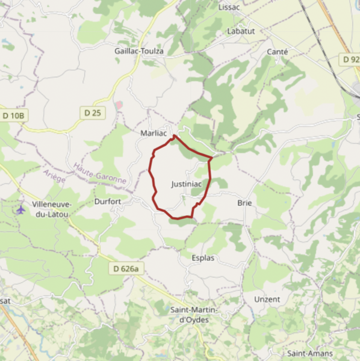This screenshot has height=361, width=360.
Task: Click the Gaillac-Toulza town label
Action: [x=138, y=51]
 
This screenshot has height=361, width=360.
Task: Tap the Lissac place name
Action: [x=229, y=7]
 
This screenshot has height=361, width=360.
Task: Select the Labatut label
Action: [x=241, y=31]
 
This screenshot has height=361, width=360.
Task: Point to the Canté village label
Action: [x=277, y=52]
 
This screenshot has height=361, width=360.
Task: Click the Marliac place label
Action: [x=152, y=132]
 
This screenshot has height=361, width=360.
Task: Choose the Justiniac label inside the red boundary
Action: [x=186, y=184]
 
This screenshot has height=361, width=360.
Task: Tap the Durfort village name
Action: [x=108, y=202]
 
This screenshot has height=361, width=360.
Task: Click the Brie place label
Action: [x=244, y=203]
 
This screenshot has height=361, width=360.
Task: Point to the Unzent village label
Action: [x=267, y=299]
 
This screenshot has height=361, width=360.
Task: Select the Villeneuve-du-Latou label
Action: [x=52, y=209]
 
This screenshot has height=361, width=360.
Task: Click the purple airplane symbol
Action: [x=21, y=209]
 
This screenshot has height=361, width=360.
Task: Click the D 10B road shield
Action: [x=14, y=115]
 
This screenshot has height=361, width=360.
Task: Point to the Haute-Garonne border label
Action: [x=99, y=175]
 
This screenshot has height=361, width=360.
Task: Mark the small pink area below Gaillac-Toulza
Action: [x=119, y=105]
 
